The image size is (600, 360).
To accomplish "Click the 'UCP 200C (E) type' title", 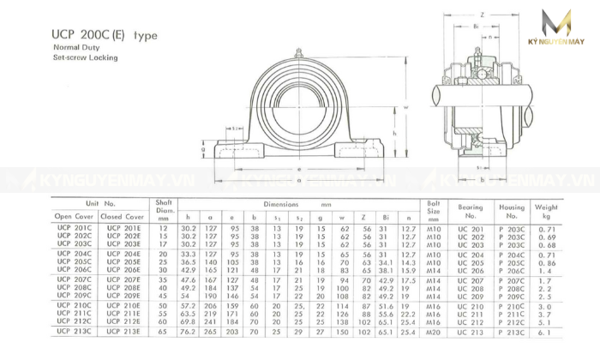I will click(x=105, y=36).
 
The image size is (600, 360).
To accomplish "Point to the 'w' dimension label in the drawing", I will click(x=405, y=107).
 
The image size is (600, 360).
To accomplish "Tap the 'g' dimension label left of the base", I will click(x=204, y=148).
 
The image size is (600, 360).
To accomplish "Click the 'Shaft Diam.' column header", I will click(x=165, y=210).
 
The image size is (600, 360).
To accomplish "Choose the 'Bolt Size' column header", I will click(x=434, y=210).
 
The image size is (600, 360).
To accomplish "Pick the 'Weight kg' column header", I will click(x=546, y=210).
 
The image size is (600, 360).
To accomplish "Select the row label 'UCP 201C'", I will click(x=75, y=228).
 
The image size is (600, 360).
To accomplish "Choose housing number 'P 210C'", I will click(x=512, y=305).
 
